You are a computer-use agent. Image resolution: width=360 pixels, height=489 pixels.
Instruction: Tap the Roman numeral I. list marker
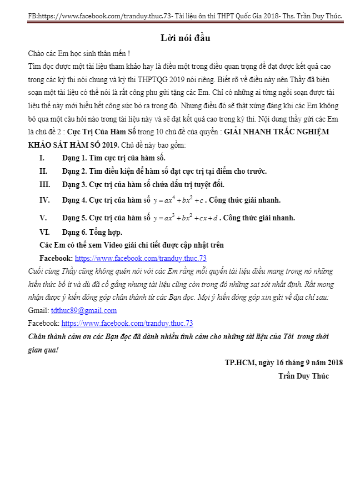[42, 158]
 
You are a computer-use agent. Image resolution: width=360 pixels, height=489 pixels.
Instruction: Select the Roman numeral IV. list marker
[44, 200]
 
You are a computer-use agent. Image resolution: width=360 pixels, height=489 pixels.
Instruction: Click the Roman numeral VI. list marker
[44, 232]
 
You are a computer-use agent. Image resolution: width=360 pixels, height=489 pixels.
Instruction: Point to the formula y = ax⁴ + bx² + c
[179, 200]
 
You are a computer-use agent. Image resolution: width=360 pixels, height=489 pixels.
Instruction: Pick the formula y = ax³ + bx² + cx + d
[186, 218]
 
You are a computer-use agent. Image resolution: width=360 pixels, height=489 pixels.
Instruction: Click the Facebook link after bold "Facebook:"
[141, 258]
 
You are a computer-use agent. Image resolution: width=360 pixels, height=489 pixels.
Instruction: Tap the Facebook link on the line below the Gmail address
[127, 323]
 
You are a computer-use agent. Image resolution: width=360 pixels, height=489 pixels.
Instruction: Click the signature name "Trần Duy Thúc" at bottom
[303, 376]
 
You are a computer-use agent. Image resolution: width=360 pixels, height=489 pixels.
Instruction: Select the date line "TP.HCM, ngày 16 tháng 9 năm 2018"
[283, 362]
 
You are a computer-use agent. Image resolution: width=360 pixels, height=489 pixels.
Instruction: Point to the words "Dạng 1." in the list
[74, 158]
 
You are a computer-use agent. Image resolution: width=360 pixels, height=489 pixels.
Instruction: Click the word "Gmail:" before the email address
[38, 310]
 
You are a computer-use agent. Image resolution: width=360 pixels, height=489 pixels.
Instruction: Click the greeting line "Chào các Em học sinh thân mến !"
[79, 53]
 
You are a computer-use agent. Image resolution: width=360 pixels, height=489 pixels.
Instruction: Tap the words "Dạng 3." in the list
[74, 184]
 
